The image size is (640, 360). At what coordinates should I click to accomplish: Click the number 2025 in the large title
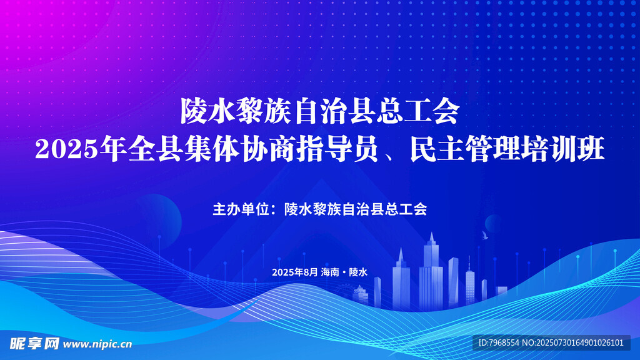(x=66, y=149)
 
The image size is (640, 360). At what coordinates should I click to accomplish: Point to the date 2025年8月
(x=295, y=272)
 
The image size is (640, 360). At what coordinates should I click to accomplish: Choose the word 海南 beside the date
(x=330, y=272)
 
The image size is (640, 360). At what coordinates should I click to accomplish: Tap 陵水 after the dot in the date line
(x=358, y=272)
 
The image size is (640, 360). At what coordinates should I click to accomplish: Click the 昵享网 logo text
(x=34, y=344)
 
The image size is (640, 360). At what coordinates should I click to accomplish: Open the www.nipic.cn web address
(x=97, y=344)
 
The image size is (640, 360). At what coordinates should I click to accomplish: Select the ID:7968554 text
(x=499, y=343)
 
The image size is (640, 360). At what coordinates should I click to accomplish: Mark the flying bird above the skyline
(x=484, y=235)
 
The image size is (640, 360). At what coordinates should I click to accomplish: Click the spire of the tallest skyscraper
(x=431, y=236)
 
